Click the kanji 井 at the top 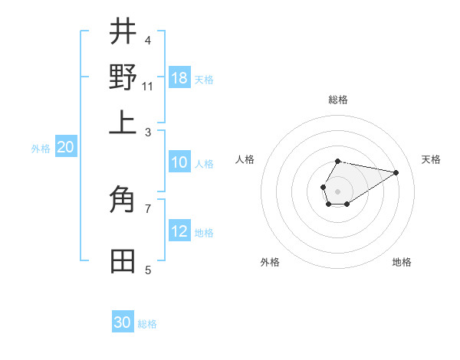123,33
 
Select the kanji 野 123,78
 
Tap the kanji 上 123,123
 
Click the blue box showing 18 179,78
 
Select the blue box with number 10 179,162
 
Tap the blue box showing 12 179,231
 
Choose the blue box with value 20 65,148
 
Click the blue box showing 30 123,322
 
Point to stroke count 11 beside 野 148,87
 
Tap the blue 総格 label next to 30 147,324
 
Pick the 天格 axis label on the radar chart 431,159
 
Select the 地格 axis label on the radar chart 402,262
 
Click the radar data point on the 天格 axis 396,172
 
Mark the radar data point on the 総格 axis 337,161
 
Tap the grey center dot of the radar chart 337,190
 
